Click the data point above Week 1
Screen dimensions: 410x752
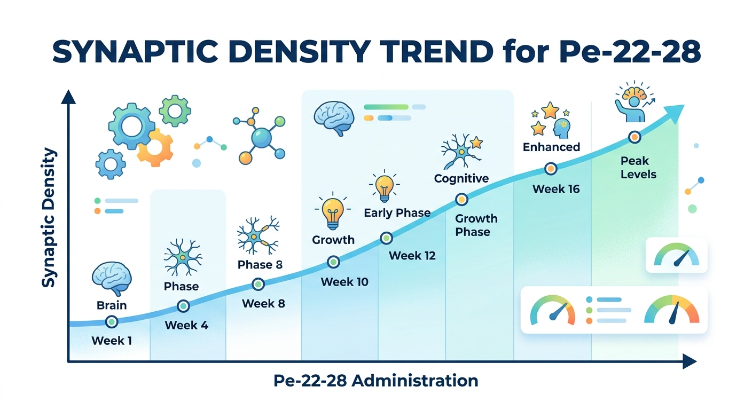[x=112, y=321]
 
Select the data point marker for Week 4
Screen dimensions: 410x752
[x=183, y=306]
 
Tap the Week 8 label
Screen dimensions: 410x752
[x=263, y=304]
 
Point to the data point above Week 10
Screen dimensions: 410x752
[x=333, y=262]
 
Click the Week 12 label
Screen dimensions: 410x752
[x=412, y=256]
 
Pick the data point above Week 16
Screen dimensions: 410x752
[x=551, y=169]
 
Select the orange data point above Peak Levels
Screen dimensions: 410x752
[x=634, y=137]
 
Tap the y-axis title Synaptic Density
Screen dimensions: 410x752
[x=49, y=218]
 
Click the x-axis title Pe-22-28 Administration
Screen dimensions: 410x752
[x=375, y=381]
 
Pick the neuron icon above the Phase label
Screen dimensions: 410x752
[x=183, y=257]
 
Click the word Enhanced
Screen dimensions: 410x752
[x=551, y=146]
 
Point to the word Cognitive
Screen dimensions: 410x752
[x=461, y=178]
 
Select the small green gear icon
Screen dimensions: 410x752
[x=175, y=111]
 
